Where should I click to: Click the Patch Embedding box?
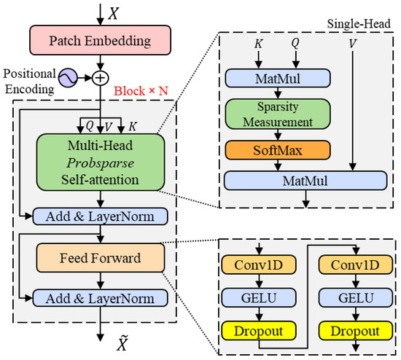pyautogui.click(x=101, y=40)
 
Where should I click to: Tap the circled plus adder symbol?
pyautogui.click(x=101, y=78)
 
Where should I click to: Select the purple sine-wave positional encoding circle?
pyautogui.click(x=68, y=78)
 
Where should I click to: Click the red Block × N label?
pyautogui.click(x=141, y=91)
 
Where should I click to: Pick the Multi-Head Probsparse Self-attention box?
pyautogui.click(x=101, y=163)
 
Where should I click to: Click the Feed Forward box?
pyautogui.click(x=101, y=258)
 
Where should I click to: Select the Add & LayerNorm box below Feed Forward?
pyautogui.click(x=101, y=298)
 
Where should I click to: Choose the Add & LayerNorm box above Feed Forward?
pyautogui.click(x=101, y=216)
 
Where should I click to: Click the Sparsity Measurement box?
pyautogui.click(x=278, y=114)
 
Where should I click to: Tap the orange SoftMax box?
pyautogui.click(x=278, y=150)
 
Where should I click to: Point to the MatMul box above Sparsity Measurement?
pyautogui.click(x=278, y=78)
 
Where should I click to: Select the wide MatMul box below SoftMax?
pyautogui.click(x=305, y=181)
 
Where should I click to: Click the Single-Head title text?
pyautogui.click(x=359, y=24)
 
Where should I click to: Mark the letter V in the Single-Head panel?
pyautogui.click(x=353, y=44)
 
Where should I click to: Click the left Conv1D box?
pyautogui.click(x=259, y=265)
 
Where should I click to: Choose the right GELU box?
pyautogui.click(x=356, y=298)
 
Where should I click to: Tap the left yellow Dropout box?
pyautogui.click(x=259, y=331)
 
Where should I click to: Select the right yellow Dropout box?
pyautogui.click(x=356, y=331)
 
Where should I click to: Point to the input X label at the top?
pyautogui.click(x=114, y=13)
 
